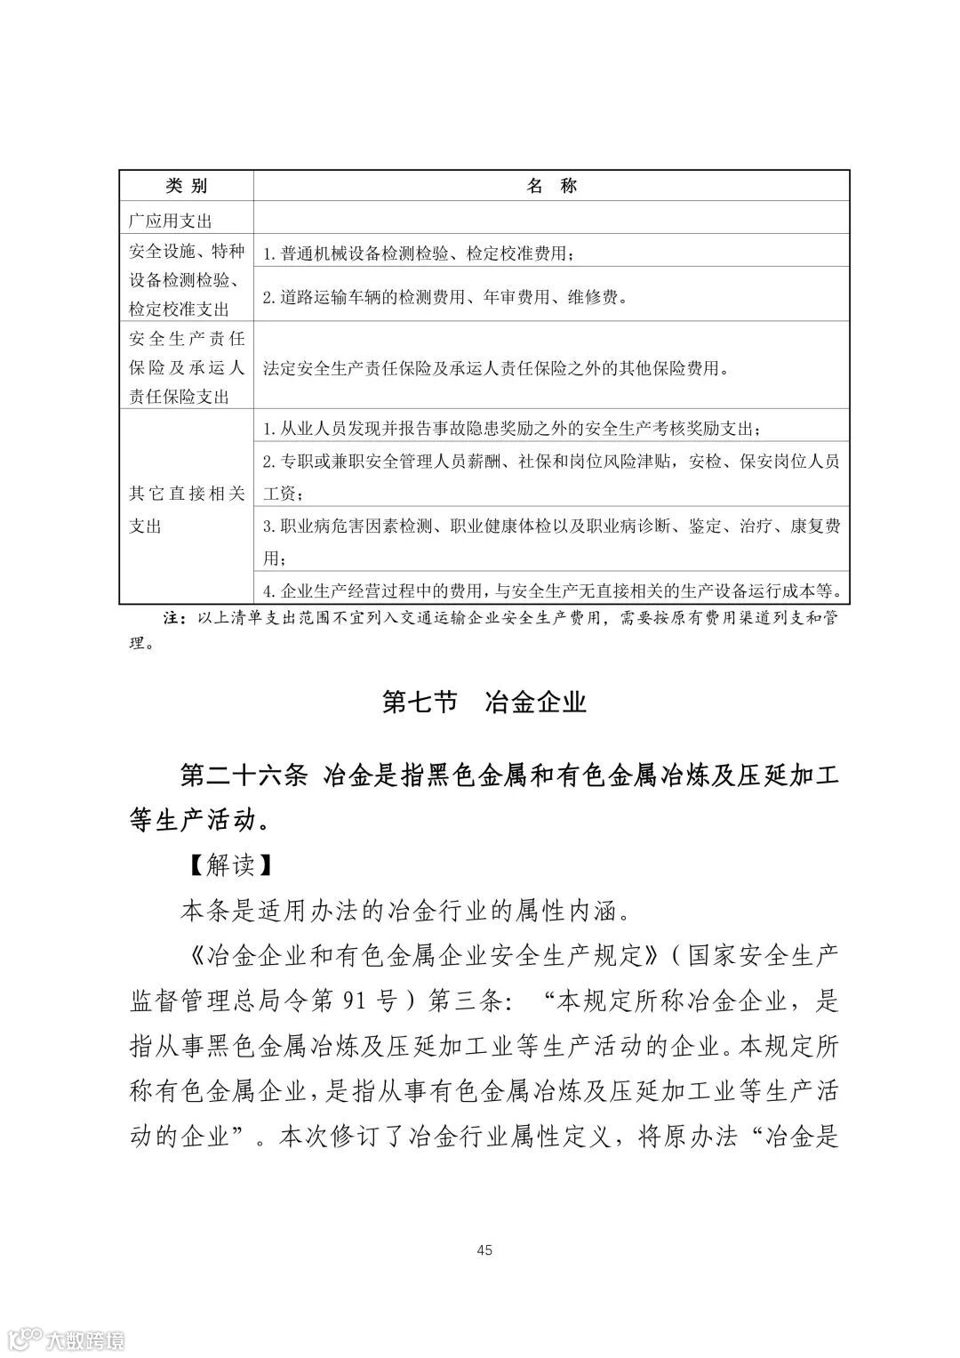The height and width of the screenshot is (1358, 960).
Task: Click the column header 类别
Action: [186, 185]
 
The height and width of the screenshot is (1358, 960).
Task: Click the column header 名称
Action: [551, 185]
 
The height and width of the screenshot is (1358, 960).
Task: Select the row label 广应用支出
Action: [171, 220]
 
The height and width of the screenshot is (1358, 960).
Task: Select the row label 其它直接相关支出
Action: [186, 509]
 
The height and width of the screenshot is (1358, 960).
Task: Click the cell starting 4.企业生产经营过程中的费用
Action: [551, 590]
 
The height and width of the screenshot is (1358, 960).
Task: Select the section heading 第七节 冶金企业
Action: [484, 702]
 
